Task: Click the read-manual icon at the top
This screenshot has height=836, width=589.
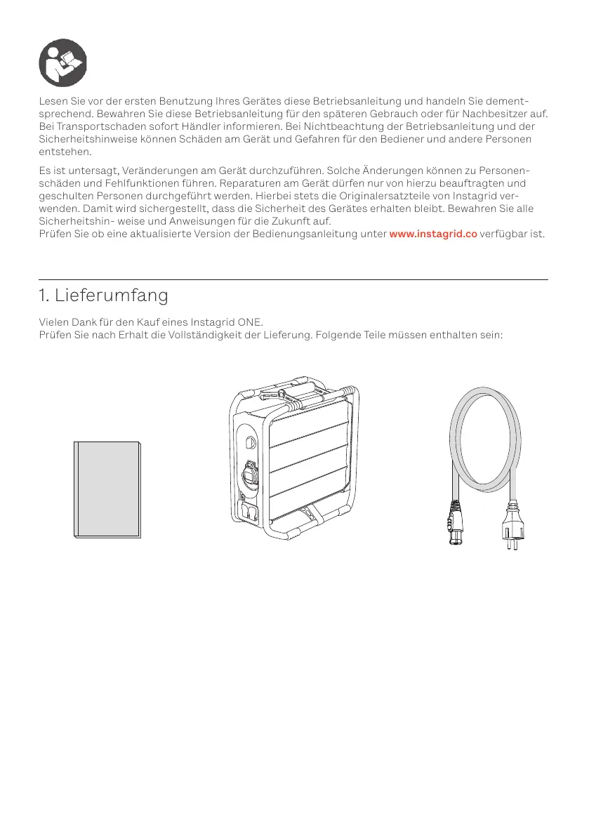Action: (x=62, y=61)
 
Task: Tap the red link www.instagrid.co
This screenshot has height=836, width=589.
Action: (x=432, y=233)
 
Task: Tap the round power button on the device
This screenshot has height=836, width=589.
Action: (x=251, y=442)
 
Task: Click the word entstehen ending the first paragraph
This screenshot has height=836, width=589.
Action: (x=65, y=152)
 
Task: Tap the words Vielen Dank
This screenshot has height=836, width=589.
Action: (x=66, y=322)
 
